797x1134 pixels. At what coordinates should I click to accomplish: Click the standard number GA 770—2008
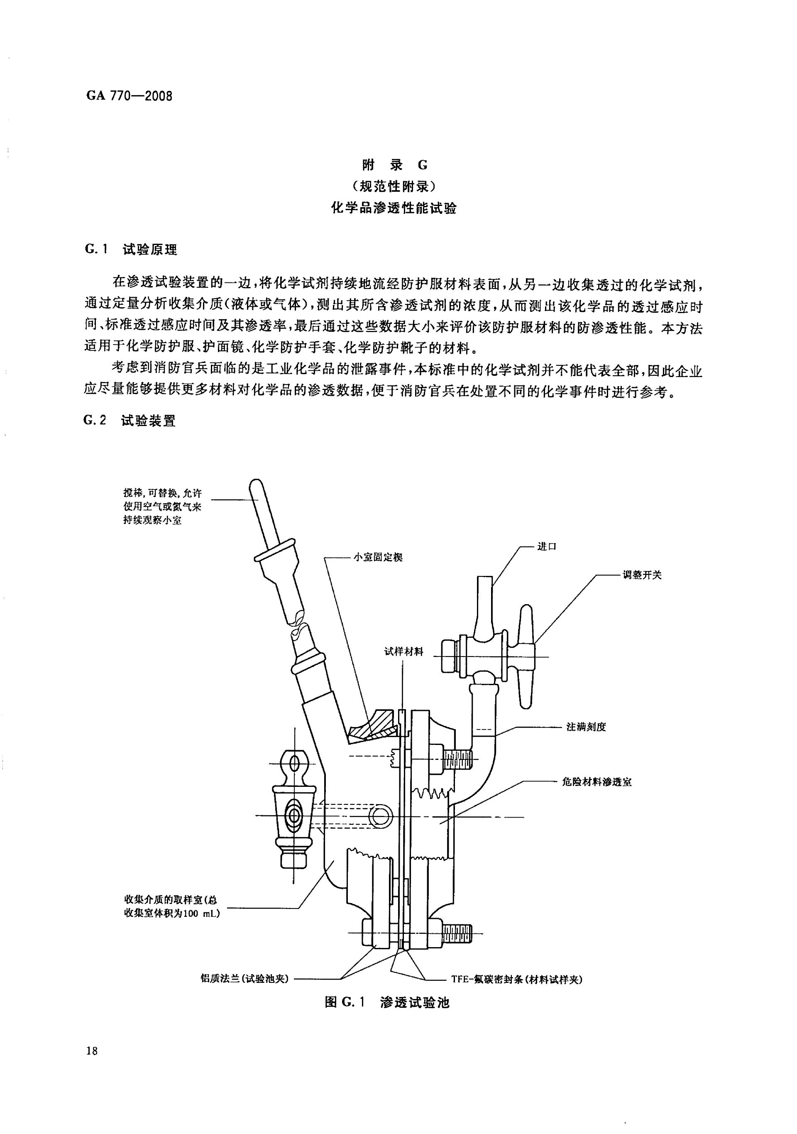130,96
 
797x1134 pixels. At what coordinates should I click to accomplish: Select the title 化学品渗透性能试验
394,208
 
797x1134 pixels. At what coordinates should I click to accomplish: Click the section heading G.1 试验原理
131,250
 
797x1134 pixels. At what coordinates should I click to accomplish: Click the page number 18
92,1064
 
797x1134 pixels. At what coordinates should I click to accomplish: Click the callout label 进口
547,547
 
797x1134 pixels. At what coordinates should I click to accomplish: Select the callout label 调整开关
641,575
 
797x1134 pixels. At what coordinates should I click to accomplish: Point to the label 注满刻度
586,727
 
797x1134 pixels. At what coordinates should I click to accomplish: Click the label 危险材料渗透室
597,782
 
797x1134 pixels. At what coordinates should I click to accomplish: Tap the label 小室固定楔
378,558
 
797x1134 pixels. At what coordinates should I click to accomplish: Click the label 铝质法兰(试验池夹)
244,978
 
